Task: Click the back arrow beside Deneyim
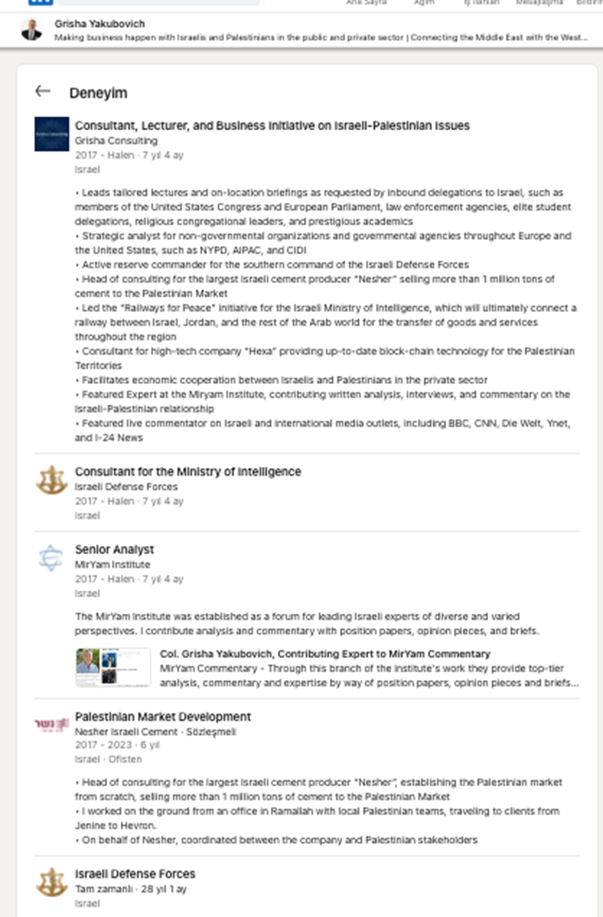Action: coord(43,91)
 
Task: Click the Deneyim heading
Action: coord(98,93)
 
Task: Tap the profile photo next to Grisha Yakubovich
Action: coord(31,30)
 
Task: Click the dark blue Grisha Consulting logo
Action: coord(52,134)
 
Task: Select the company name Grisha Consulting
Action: coord(116,140)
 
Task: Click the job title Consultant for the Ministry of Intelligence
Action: coord(188,471)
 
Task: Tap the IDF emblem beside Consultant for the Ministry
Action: coord(52,480)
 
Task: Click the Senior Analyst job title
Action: coord(114,550)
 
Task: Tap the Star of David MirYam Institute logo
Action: coord(51,558)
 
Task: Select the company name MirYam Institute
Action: coord(112,565)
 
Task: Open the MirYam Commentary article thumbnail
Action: coord(113,667)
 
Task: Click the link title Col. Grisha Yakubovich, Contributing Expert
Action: coord(325,654)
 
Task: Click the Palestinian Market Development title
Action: coord(163,717)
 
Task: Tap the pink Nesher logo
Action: coord(52,725)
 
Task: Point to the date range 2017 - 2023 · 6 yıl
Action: coord(117,745)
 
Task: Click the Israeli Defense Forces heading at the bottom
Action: coord(135,874)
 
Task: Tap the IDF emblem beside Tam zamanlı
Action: coord(52,882)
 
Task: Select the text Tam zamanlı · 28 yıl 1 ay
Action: coord(130,889)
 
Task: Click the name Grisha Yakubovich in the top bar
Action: coord(100,24)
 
